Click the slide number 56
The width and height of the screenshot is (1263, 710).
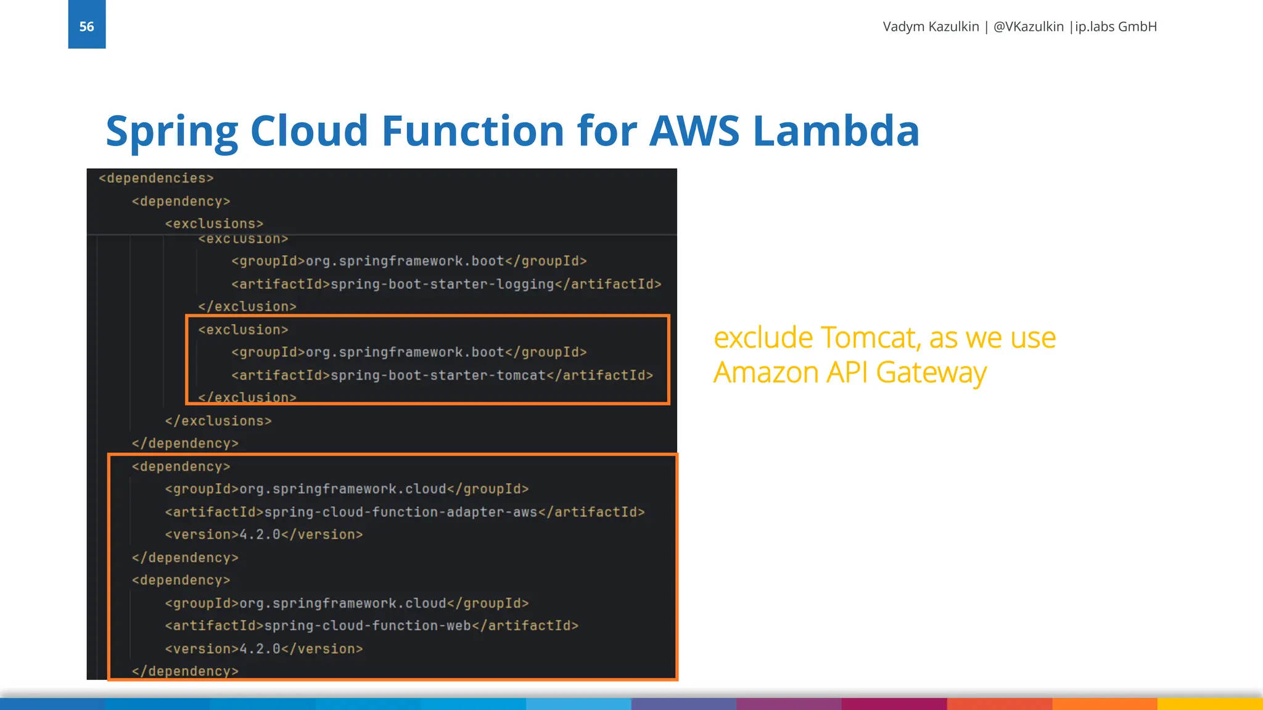86,27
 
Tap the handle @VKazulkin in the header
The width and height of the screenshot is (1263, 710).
1028,27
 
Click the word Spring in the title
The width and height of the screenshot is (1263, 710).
171,131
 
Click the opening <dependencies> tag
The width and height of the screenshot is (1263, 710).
156,178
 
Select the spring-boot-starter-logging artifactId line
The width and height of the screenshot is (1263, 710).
446,284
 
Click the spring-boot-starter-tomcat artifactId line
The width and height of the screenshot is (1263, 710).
442,375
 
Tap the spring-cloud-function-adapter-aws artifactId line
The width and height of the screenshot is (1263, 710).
405,512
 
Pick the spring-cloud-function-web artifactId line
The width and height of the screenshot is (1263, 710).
371,626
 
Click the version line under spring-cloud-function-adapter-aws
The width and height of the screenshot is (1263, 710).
264,534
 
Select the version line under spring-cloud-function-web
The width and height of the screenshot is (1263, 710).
264,649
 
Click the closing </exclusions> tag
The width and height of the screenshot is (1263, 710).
218,421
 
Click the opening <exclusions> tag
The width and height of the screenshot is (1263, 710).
214,224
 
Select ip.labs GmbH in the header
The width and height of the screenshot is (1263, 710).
1116,27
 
